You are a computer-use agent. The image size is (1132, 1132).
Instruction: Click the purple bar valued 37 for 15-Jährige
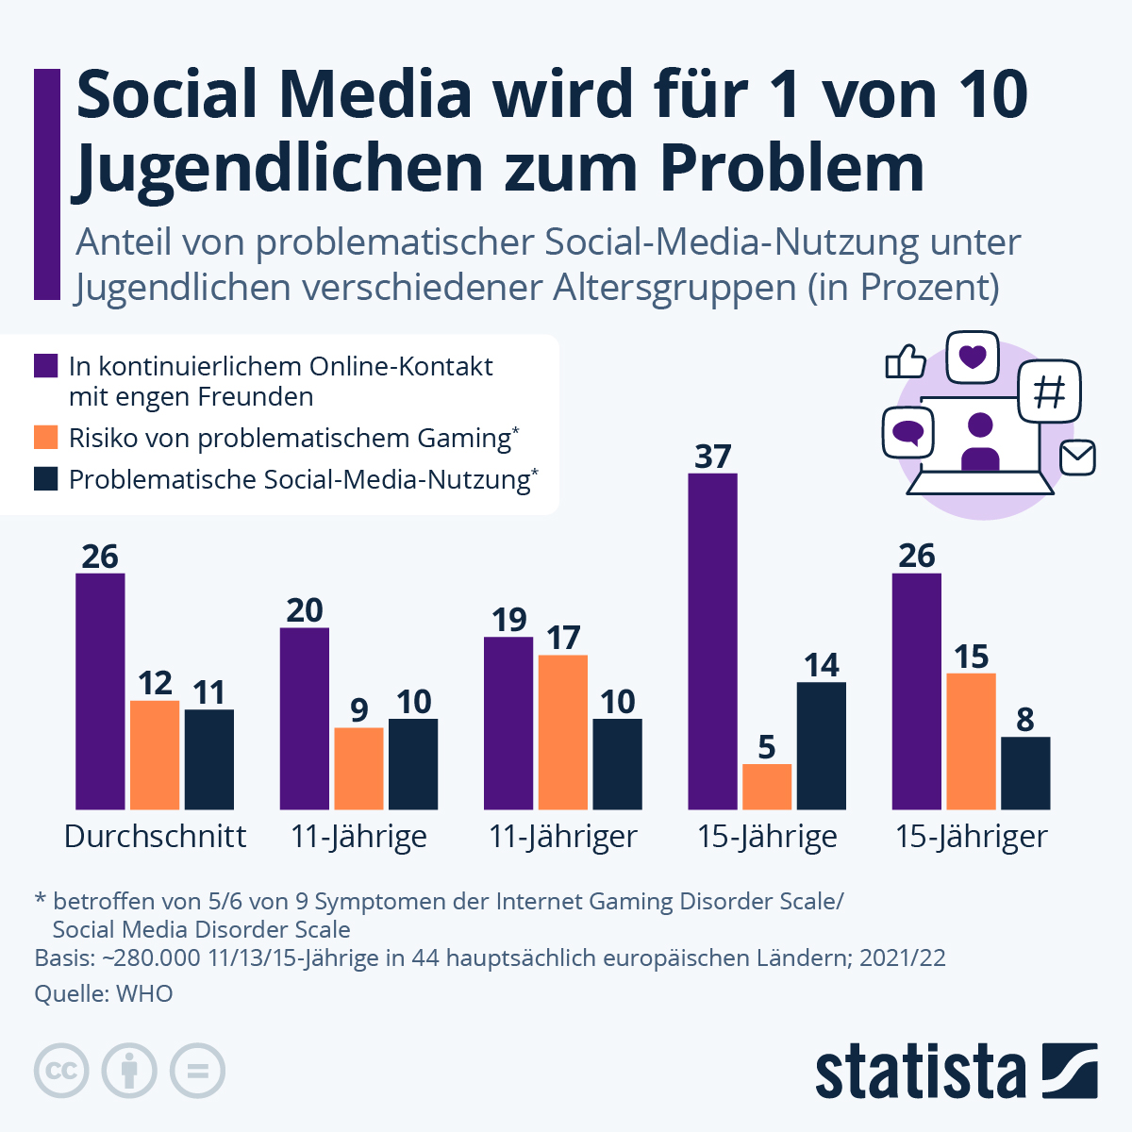pyautogui.click(x=712, y=641)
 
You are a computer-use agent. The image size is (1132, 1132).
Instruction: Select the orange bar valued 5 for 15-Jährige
pyautogui.click(x=767, y=787)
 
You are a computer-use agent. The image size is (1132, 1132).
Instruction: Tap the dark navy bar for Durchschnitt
pyautogui.click(x=209, y=759)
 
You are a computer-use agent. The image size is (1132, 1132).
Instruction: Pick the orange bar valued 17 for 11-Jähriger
pyautogui.click(x=563, y=732)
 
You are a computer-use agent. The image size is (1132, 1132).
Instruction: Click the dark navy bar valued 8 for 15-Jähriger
pyautogui.click(x=1025, y=774)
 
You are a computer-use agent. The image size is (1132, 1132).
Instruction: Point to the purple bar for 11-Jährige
pyautogui.click(x=305, y=718)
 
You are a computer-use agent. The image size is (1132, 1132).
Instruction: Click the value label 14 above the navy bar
pyautogui.click(x=822, y=665)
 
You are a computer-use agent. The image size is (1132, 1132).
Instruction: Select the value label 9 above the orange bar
pyautogui.click(x=358, y=710)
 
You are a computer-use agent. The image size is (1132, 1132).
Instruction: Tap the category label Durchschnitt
pyautogui.click(x=155, y=837)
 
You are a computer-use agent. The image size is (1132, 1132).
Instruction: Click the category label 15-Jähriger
pyautogui.click(x=971, y=837)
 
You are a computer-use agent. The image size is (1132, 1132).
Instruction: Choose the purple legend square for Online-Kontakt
pyautogui.click(x=46, y=366)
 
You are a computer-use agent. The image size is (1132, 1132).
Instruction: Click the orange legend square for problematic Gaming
pyautogui.click(x=46, y=438)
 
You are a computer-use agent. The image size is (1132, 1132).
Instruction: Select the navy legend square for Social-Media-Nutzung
pyautogui.click(x=46, y=479)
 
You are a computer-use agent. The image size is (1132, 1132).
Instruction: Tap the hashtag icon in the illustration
pyautogui.click(x=1049, y=391)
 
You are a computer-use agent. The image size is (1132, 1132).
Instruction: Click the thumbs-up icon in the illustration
pyautogui.click(x=906, y=360)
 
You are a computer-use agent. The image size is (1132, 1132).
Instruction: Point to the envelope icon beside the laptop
pyautogui.click(x=1077, y=458)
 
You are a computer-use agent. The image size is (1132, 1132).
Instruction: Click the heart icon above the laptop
pyautogui.click(x=972, y=357)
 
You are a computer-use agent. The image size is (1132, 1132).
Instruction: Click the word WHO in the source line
pyautogui.click(x=144, y=993)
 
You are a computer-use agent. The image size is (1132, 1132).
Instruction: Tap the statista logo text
pyautogui.click(x=920, y=1072)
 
